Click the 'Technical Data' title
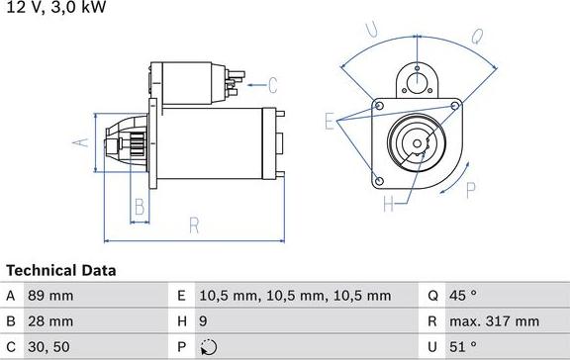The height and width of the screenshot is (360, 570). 61,270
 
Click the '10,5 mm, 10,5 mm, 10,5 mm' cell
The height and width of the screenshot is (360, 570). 296,296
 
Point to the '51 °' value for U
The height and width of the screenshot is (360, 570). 464,347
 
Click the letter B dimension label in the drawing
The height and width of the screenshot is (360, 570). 140,207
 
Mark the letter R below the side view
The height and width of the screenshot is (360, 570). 194,225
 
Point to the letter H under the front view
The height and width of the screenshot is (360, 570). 389,205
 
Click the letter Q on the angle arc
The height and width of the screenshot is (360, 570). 476,38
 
